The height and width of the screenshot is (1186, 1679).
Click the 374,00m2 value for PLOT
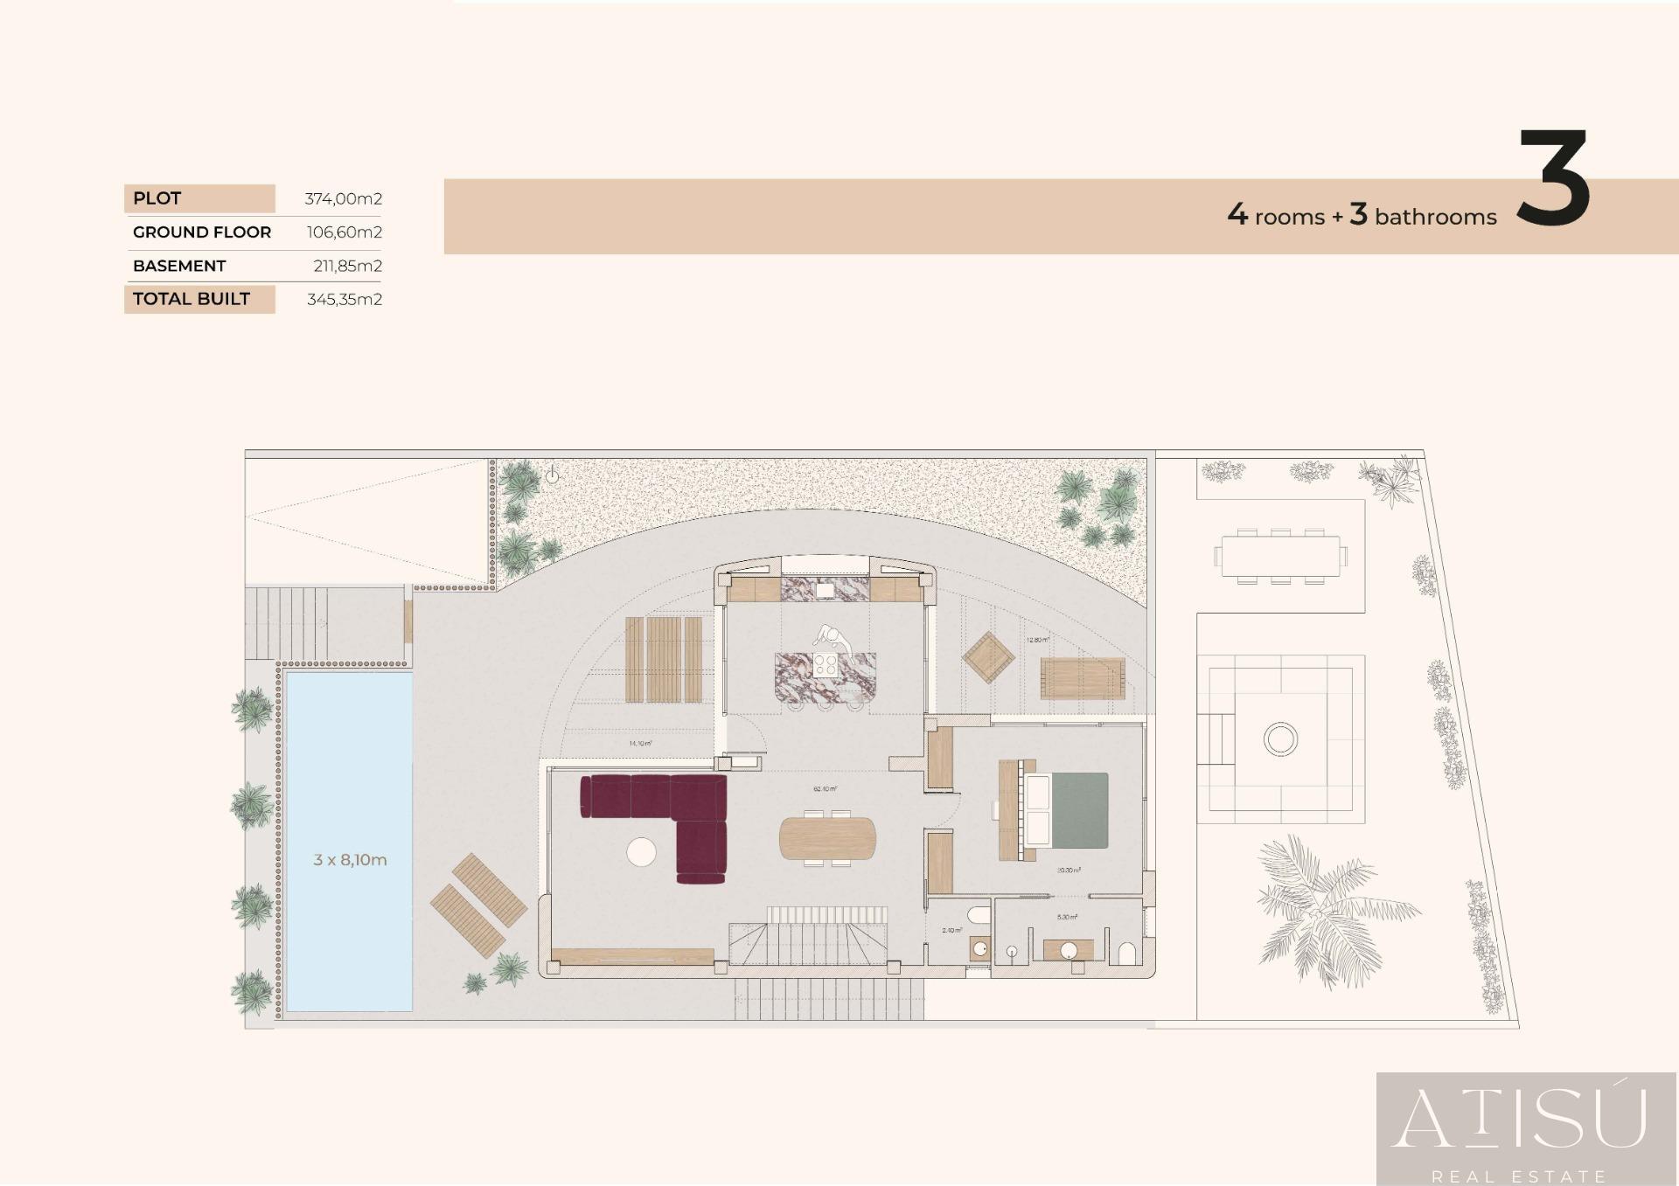343,199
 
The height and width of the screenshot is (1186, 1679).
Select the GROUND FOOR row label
202,232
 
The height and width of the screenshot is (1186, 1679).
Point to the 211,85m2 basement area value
347,267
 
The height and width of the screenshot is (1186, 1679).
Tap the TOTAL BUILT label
192,299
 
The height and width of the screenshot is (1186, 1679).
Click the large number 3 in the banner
1552,179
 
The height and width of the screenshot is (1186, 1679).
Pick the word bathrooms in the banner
1435,217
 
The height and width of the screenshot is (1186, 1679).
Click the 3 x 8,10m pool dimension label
350,860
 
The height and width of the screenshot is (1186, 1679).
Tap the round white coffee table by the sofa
642,851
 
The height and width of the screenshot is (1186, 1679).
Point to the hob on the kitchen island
825,664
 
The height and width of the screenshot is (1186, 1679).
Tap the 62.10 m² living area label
825,788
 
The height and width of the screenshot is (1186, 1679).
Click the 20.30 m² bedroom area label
1068,870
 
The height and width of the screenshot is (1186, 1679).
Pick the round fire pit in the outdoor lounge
1280,739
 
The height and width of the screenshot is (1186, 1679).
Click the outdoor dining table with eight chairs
1280,556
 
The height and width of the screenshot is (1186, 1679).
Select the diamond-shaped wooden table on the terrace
988,657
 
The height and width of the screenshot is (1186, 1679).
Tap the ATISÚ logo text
1519,1118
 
